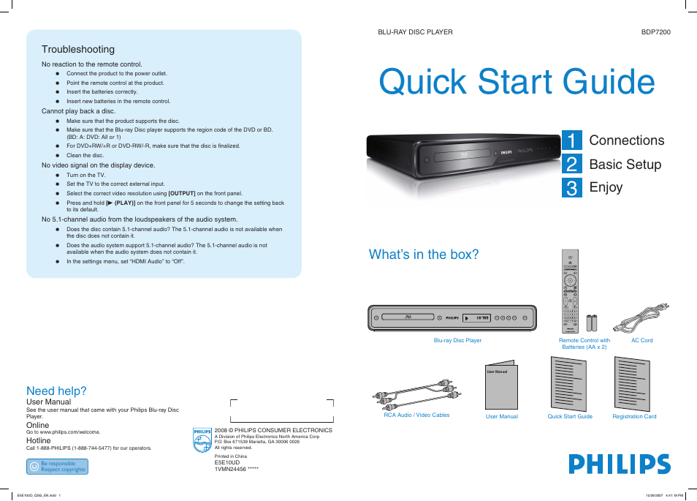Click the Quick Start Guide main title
517,81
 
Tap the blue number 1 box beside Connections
572,140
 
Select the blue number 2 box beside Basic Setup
572,164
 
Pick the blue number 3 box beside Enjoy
572,188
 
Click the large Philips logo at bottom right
620,464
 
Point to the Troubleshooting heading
78,49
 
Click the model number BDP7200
655,32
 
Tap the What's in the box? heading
424,255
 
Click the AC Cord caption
641,340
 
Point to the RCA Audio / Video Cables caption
416,415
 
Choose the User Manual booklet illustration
501,385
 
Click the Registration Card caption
634,416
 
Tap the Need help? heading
56,391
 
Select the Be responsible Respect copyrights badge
57,467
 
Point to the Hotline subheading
39,440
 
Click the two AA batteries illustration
592,323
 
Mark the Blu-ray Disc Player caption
457,340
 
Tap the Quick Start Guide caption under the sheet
570,416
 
